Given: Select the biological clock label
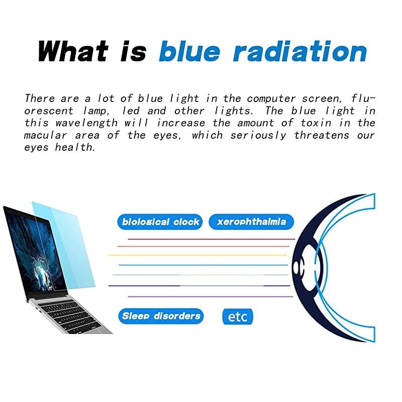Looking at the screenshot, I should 160,222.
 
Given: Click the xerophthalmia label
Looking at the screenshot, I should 251,222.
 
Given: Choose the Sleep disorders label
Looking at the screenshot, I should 161,316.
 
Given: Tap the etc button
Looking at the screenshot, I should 238,317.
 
